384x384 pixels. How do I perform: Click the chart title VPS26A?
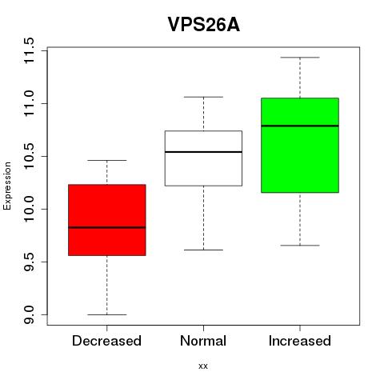click(x=204, y=25)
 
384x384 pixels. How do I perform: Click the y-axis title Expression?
click(x=7, y=186)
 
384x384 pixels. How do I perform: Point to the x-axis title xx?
click(x=203, y=366)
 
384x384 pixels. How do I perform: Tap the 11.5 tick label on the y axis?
click(x=29, y=50)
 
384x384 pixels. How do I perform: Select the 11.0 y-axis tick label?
click(x=29, y=103)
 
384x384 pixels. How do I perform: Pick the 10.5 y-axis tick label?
click(x=29, y=156)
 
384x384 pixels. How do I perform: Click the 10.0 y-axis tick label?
click(x=29, y=209)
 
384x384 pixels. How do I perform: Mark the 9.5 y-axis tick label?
click(x=29, y=262)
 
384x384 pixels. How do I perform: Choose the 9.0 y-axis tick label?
click(x=29, y=314)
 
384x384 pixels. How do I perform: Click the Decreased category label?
click(x=106, y=341)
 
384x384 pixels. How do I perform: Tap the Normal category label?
click(x=203, y=341)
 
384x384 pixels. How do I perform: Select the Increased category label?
click(x=300, y=341)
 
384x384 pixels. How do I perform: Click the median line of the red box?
click(x=107, y=227)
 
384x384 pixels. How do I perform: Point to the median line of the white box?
click(x=203, y=152)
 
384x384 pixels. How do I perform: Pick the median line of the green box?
click(x=300, y=126)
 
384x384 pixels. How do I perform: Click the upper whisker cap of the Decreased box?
click(x=107, y=160)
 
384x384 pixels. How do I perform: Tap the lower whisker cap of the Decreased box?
click(x=107, y=314)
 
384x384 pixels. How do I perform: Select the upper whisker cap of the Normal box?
click(x=203, y=97)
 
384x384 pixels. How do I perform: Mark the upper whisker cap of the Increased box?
click(x=300, y=58)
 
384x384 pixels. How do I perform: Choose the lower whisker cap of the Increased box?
click(x=300, y=245)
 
